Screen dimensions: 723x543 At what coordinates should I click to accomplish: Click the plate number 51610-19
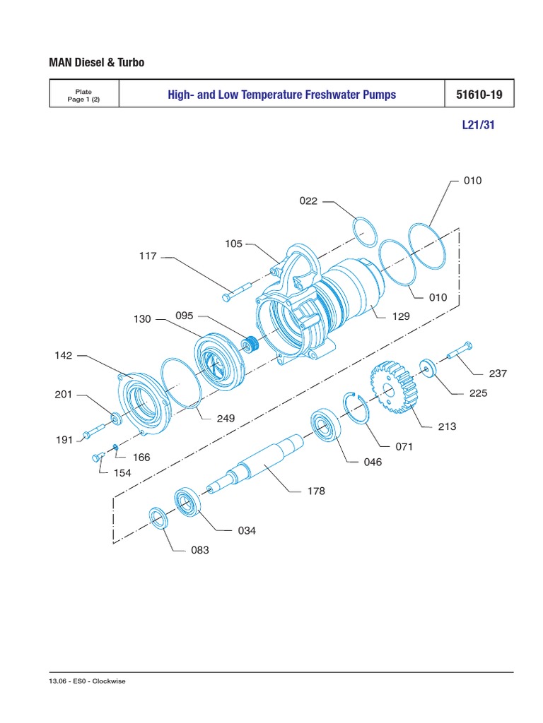(x=479, y=94)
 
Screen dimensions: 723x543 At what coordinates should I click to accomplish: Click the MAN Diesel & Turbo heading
(x=96, y=63)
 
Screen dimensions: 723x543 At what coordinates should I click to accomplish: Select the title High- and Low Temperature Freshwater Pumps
(x=282, y=94)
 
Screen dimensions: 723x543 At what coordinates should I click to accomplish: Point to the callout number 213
(x=447, y=426)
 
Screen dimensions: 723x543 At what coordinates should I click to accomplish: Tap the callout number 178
(x=316, y=491)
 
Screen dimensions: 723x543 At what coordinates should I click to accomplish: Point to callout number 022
(x=309, y=201)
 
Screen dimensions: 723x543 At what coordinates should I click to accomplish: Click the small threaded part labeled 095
(x=248, y=346)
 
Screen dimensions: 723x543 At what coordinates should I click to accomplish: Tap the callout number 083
(x=200, y=550)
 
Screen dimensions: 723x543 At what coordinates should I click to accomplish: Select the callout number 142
(x=64, y=356)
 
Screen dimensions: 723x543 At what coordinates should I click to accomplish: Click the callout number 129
(x=402, y=317)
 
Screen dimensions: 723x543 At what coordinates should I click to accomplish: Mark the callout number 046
(x=372, y=462)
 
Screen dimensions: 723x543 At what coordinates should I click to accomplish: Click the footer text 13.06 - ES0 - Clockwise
(x=87, y=681)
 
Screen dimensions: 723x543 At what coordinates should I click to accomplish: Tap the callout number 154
(x=122, y=472)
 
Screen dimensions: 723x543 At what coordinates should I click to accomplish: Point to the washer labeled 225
(x=428, y=367)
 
